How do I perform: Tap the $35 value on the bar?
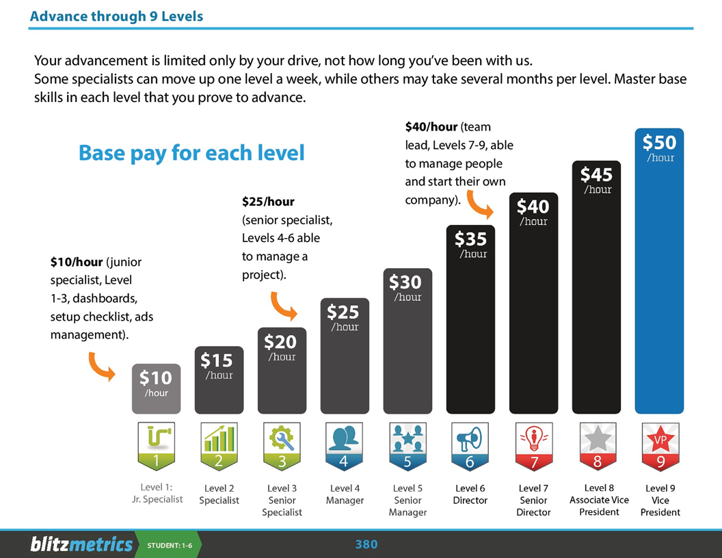pos(470,239)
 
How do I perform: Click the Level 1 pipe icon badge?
pos(156,446)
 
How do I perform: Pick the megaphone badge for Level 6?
pos(470,446)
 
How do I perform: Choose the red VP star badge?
pos(660,446)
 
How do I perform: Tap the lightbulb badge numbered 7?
pos(533,446)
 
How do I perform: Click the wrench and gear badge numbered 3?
pos(282,446)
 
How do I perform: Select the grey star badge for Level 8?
pos(597,446)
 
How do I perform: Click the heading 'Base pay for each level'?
pos(191,152)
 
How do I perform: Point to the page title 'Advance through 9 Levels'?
pos(116,16)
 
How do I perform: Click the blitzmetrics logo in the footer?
pos(81,544)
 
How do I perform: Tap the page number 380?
pos(366,544)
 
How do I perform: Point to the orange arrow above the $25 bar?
pos(284,306)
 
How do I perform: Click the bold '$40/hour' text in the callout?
pos(431,127)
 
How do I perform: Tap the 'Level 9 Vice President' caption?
pos(660,500)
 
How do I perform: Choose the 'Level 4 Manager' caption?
pos(345,494)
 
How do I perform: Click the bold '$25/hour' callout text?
pos(268,202)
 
